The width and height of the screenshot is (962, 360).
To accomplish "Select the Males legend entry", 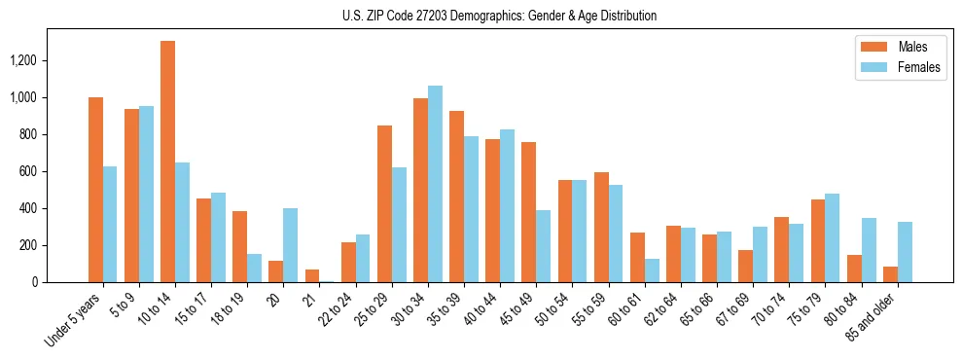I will coord(900,47).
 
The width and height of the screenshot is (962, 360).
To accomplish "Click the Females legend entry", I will coord(900,69).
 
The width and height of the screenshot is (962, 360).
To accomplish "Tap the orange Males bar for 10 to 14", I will coord(167,162).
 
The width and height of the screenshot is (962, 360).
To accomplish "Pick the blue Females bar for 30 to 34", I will coord(435,184).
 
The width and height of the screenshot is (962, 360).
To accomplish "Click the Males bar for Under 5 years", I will coord(95,190).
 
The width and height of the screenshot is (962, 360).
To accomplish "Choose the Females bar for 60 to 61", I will coord(652,270).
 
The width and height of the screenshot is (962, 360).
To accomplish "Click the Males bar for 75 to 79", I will coord(817,240).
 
